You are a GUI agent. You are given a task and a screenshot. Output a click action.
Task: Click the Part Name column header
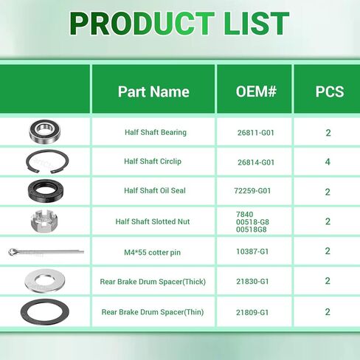pyautogui.click(x=153, y=91)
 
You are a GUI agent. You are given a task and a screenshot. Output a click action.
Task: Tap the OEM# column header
pyautogui.click(x=256, y=91)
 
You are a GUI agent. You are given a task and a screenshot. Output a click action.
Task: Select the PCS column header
pyautogui.click(x=330, y=91)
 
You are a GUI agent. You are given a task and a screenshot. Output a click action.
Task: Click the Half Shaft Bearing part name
pyautogui.click(x=156, y=132)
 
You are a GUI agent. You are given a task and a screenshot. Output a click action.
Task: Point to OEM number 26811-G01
pyautogui.click(x=256, y=133)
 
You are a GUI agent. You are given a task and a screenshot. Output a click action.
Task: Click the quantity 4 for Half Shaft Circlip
pyautogui.click(x=328, y=162)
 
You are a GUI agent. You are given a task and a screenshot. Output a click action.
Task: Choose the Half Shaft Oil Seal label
pyautogui.click(x=155, y=190)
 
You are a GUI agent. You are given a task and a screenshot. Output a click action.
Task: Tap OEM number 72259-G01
pyautogui.click(x=252, y=191)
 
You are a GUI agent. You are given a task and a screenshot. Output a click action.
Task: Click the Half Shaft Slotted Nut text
pyautogui.click(x=153, y=221)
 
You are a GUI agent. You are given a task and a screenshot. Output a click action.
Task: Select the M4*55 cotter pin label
pyautogui.click(x=152, y=252)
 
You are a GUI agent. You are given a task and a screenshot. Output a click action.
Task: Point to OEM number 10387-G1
pyautogui.click(x=252, y=252)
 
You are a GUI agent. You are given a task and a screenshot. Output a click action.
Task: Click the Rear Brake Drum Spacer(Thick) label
pyautogui.click(x=153, y=282)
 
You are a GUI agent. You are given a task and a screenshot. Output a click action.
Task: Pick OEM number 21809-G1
pyautogui.click(x=252, y=312)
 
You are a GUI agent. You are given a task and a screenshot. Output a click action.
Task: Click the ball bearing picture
pyautogui.click(x=44, y=131)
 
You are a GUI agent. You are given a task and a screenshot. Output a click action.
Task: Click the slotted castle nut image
pyautogui.click(x=44, y=221)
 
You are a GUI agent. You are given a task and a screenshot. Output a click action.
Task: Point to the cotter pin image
pyautogui.click(x=46, y=252)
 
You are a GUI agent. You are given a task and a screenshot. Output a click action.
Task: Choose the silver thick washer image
pyautogui.click(x=45, y=286)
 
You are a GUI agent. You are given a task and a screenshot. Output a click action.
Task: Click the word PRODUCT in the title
pyautogui.click(x=142, y=24)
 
